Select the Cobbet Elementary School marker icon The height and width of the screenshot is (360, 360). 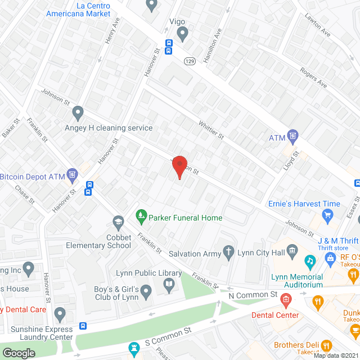point(118,222)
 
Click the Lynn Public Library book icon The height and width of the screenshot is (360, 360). point(169,286)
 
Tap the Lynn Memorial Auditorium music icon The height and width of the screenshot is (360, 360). point(309,261)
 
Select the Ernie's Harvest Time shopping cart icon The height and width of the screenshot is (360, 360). point(327,214)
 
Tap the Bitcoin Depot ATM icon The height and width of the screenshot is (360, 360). point(73,174)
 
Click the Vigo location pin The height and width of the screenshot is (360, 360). point(182,34)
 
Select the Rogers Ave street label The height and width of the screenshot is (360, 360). point(314,78)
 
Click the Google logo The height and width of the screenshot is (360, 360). point(19,353)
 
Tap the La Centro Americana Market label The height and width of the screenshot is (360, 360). point(78,10)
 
